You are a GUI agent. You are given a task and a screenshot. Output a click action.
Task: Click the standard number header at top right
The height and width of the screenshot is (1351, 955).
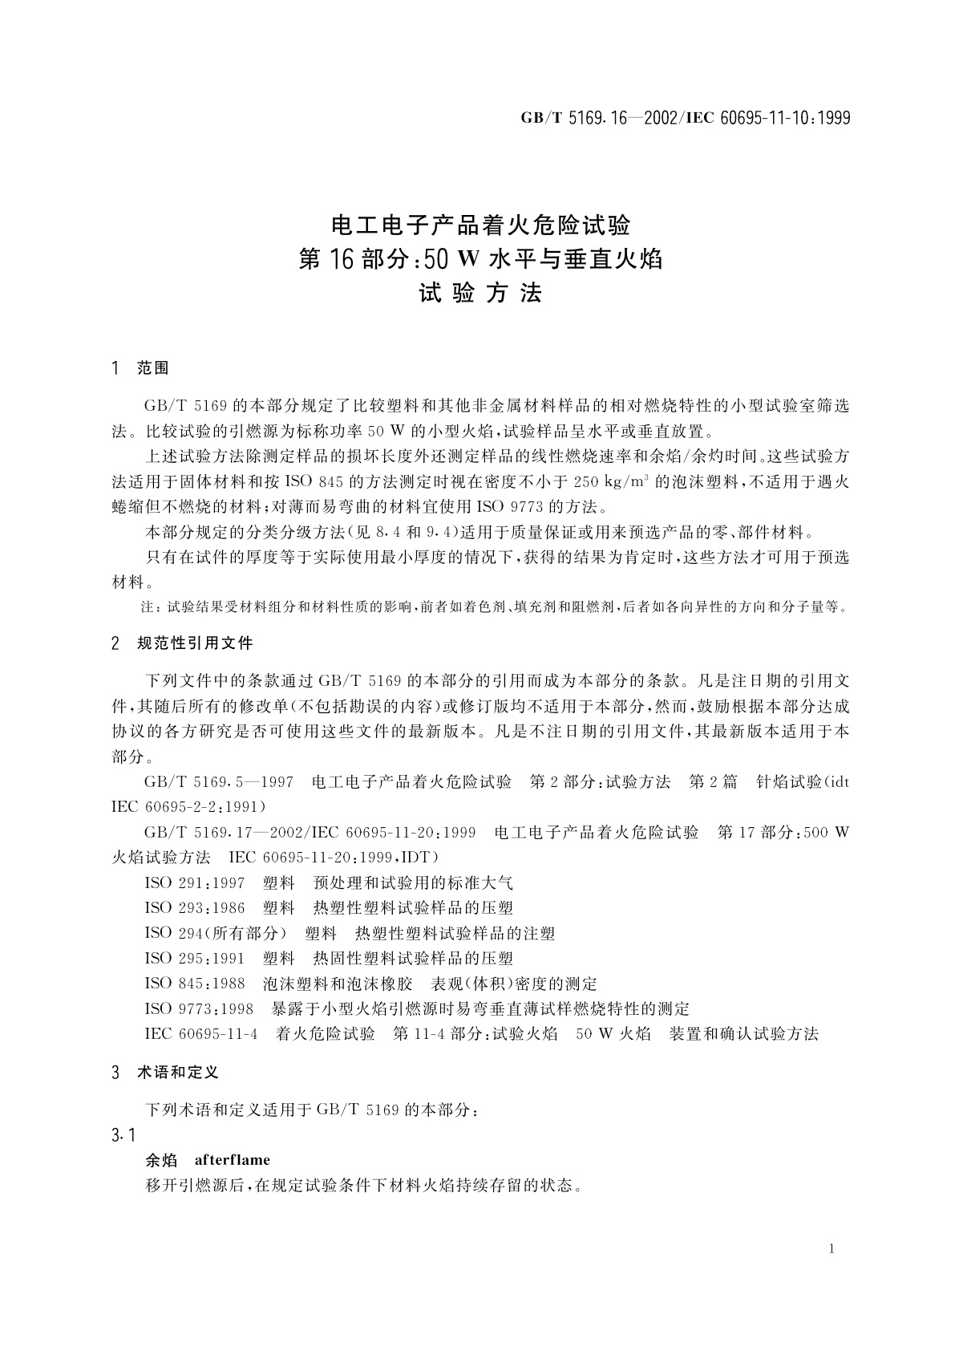pos(685,118)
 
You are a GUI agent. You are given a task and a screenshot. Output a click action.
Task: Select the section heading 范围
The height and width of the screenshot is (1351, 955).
pos(152,368)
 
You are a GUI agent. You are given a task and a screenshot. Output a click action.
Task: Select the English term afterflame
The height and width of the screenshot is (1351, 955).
pos(233,1159)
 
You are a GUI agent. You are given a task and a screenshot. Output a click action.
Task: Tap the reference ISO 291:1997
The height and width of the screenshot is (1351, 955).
pos(195,883)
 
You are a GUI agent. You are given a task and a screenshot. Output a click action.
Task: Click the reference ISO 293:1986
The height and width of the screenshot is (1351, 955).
pos(195,908)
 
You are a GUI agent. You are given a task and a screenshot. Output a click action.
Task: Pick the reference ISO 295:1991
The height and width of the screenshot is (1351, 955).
pos(195,958)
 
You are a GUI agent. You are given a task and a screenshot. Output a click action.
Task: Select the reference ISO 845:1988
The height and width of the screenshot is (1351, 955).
pos(195,984)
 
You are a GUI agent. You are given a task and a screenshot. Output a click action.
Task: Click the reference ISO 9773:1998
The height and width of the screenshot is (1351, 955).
pos(199,1008)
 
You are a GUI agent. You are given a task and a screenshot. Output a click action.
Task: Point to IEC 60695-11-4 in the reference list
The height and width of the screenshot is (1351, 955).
pos(201,1034)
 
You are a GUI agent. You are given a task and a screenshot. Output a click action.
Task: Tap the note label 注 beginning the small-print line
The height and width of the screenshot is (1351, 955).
pos(147,607)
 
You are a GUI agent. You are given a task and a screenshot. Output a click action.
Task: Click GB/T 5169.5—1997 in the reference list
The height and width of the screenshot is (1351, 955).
pos(218,781)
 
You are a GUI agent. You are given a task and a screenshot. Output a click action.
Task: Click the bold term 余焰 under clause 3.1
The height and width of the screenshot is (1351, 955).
pos(160,1159)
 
